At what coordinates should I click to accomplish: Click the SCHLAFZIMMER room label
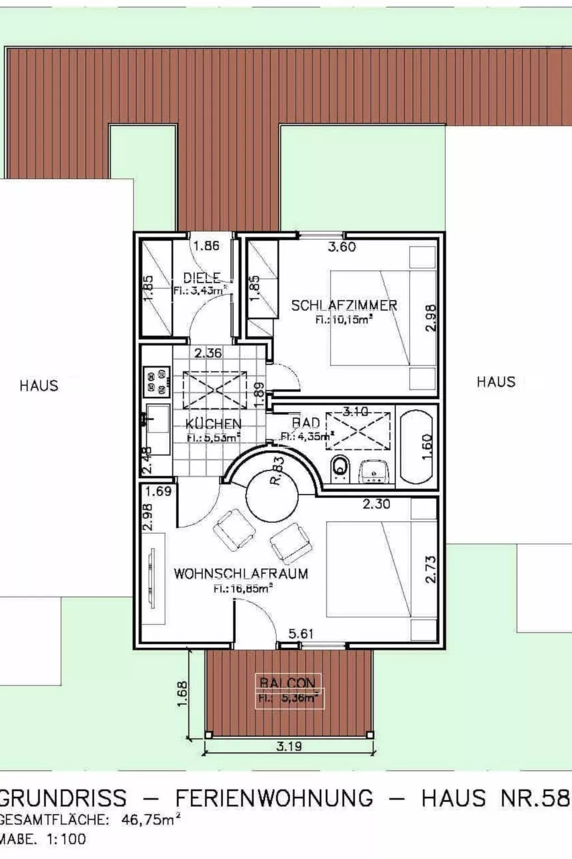[344, 305]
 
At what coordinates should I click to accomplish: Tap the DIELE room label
[202, 277]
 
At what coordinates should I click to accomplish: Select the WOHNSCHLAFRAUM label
[241, 574]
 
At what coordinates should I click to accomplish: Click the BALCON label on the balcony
[288, 683]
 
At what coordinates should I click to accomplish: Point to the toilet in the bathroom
[340, 468]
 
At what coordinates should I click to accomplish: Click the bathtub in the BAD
[417, 447]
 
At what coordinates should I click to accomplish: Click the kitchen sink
[157, 419]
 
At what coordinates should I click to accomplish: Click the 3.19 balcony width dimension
[289, 746]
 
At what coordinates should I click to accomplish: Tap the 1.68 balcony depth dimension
[183, 693]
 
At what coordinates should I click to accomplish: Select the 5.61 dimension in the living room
[301, 634]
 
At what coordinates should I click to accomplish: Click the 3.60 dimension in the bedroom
[341, 247]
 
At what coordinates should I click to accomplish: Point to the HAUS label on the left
[39, 385]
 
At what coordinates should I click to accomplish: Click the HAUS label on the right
[496, 382]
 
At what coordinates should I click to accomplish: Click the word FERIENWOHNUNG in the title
[274, 798]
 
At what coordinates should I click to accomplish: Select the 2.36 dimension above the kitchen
[208, 353]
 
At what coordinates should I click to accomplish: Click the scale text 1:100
[66, 839]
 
